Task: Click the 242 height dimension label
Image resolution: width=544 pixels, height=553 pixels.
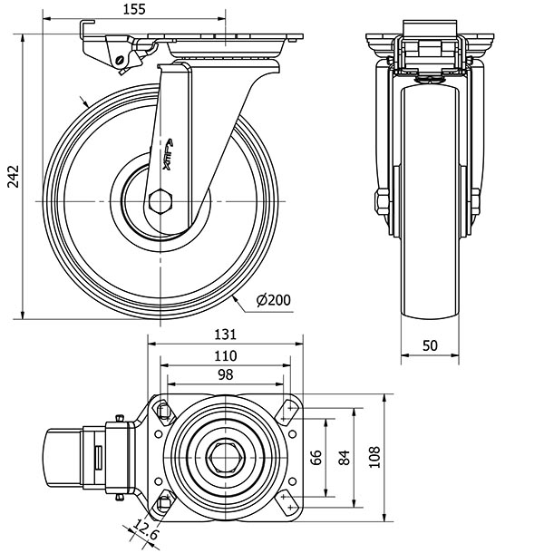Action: tap(11, 179)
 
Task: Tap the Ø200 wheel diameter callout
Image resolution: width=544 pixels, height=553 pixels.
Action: tap(272, 301)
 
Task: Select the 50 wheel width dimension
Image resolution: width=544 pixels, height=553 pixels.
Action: tap(430, 346)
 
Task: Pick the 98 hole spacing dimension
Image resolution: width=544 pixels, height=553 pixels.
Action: tap(225, 374)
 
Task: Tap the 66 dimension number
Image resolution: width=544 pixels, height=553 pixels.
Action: tap(316, 457)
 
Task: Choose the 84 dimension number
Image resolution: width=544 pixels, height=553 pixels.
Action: tap(344, 457)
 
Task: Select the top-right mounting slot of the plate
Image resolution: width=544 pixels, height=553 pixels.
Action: tap(288, 412)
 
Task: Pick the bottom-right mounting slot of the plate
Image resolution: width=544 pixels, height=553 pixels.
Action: tap(288, 500)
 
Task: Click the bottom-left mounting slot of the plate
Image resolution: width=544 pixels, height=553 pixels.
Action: tap(164, 501)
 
